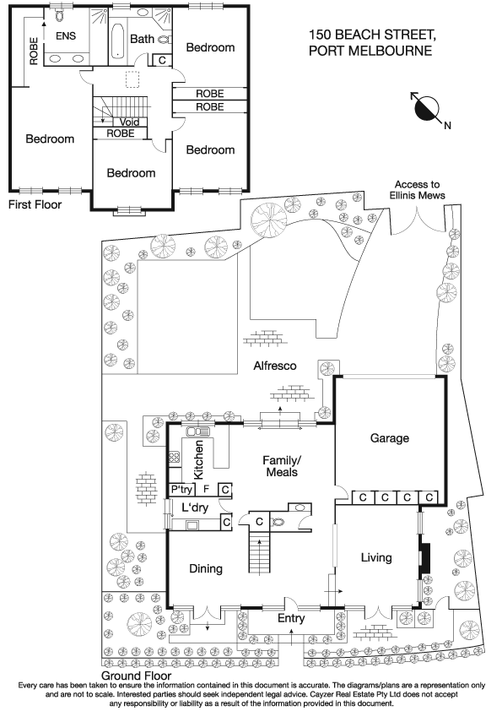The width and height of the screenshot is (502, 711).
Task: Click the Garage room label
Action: click(x=389, y=438)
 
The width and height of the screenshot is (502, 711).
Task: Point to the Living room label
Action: click(x=376, y=558)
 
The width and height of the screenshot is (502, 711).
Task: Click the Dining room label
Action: click(x=205, y=569)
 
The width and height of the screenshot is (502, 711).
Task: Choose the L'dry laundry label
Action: click(x=195, y=507)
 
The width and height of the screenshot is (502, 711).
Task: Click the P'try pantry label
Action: click(x=182, y=489)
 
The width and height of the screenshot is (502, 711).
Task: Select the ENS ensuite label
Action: click(x=66, y=36)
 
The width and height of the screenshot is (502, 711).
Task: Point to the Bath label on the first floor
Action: click(x=143, y=39)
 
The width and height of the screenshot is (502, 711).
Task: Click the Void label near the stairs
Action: click(x=129, y=122)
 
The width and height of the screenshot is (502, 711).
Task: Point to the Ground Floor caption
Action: click(x=136, y=676)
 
